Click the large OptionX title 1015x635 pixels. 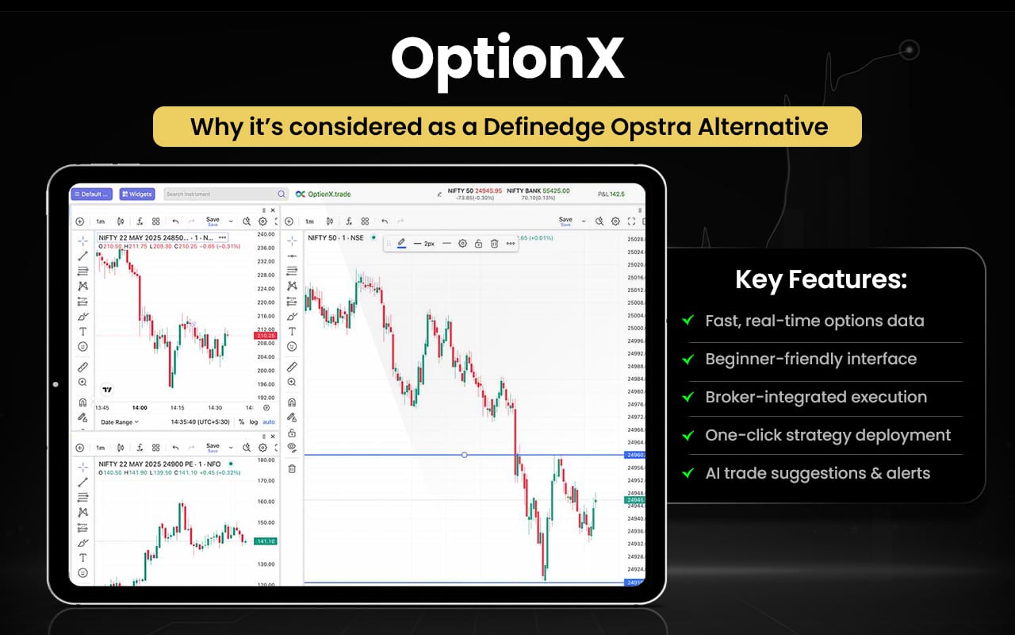(507, 60)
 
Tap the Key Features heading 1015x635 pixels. (821, 280)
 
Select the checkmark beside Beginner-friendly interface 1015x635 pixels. (688, 360)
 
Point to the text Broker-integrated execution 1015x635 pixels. (816, 397)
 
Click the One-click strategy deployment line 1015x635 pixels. (828, 435)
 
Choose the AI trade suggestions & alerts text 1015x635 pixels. (818, 473)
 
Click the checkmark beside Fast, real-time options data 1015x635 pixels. (688, 321)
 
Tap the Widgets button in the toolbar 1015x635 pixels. (137, 194)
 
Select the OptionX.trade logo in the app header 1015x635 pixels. (323, 194)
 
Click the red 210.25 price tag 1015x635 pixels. (265, 336)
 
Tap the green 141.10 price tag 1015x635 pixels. (265, 541)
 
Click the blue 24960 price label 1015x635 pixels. (635, 456)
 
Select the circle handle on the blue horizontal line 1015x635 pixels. (464, 455)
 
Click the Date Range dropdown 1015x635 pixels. (120, 422)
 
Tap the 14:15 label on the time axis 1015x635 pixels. (177, 408)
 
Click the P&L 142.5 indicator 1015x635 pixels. (611, 194)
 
